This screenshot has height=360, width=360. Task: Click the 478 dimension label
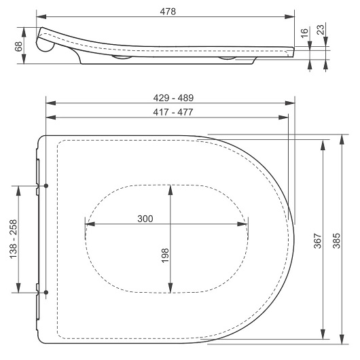click(168, 12)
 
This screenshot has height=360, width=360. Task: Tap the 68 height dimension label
click(18, 46)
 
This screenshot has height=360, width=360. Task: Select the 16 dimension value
click(304, 33)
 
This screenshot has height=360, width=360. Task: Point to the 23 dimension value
click(321, 30)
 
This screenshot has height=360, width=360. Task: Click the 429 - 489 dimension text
click(173, 98)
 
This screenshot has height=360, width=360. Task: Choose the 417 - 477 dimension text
click(173, 112)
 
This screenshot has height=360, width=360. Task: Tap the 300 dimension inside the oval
click(145, 219)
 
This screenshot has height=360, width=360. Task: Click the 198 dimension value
click(165, 255)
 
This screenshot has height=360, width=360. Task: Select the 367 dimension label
click(317, 241)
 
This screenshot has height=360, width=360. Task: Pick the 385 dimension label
click(337, 241)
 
